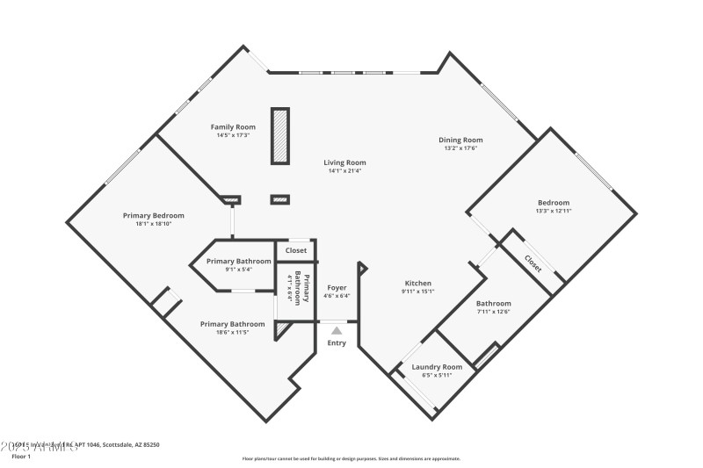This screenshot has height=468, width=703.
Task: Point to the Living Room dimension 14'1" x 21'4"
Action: [344, 171]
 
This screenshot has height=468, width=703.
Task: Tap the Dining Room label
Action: [460, 140]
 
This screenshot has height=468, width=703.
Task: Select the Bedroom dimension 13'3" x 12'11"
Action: [554, 211]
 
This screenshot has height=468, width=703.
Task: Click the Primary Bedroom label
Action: [153, 215]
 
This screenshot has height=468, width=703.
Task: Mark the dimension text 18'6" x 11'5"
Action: [232, 333]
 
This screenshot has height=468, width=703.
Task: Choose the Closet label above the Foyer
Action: [296, 250]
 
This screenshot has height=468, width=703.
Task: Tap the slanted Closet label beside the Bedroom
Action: [533, 262]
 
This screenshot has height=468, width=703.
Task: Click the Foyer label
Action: [337, 287]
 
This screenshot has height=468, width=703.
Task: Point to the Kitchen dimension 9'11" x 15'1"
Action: [417, 292]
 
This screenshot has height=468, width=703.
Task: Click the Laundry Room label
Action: [437, 366]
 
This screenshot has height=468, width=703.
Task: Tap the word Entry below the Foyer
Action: [337, 342]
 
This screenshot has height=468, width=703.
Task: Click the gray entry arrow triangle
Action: [337, 330]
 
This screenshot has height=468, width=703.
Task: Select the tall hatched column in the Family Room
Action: [280, 135]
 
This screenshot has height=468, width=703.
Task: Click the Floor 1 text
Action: [21, 457]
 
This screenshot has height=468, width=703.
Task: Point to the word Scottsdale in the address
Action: [120, 445]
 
